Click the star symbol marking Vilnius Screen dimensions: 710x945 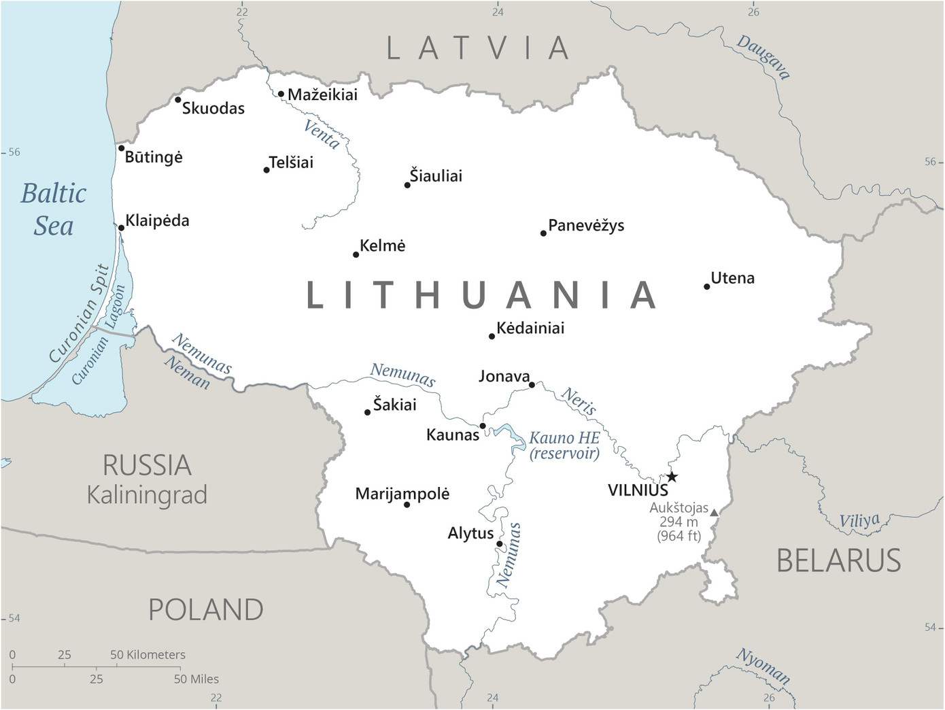[x=672, y=477]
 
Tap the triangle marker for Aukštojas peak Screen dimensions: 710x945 [x=714, y=512]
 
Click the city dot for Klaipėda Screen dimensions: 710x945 [x=121, y=228]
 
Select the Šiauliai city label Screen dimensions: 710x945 [x=436, y=176]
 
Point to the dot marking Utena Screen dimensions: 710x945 [x=707, y=286]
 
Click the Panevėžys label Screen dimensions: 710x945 [x=586, y=226]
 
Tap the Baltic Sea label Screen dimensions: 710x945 [x=54, y=209]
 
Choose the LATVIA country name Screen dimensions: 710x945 [x=479, y=48]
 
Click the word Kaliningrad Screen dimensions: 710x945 [x=147, y=495]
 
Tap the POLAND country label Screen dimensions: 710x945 [x=206, y=610]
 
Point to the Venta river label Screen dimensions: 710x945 [x=322, y=134]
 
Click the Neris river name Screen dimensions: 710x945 [x=579, y=401]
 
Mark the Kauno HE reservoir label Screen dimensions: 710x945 [x=564, y=445]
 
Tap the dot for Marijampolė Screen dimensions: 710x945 [x=407, y=505]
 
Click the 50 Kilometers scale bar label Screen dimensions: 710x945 [x=148, y=655]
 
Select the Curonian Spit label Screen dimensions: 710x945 [x=79, y=314]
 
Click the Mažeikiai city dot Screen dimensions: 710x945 [x=281, y=95]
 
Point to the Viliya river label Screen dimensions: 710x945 [x=859, y=521]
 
